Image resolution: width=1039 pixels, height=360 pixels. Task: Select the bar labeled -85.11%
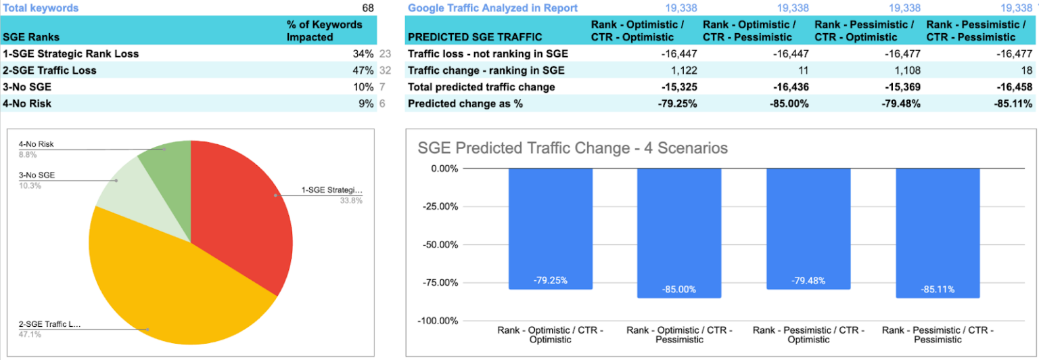pyautogui.click(x=938, y=233)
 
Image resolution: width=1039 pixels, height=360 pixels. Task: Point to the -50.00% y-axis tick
pyautogui.click(x=440, y=244)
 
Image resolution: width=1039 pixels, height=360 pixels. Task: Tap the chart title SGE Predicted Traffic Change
pyautogui.click(x=572, y=148)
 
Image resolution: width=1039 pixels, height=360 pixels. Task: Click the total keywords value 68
pyautogui.click(x=367, y=8)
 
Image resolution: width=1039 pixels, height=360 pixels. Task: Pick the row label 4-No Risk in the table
pyautogui.click(x=27, y=104)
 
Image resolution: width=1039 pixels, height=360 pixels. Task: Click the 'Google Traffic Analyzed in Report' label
pyautogui.click(x=492, y=8)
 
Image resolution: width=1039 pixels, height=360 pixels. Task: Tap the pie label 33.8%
pyautogui.click(x=350, y=200)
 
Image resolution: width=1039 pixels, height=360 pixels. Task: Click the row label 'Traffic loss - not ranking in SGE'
pyautogui.click(x=488, y=54)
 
